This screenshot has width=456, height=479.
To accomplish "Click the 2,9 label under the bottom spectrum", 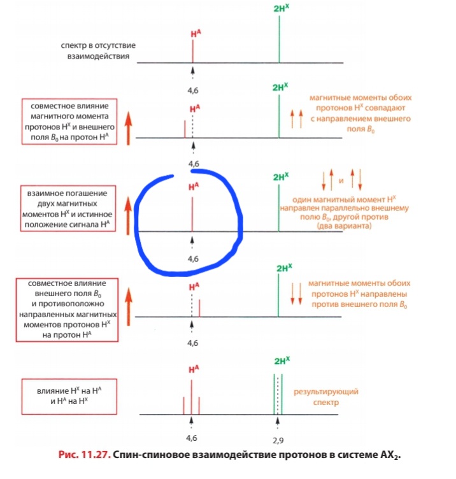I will [x=278, y=440].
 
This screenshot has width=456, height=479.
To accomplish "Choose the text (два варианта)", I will [x=343, y=227].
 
